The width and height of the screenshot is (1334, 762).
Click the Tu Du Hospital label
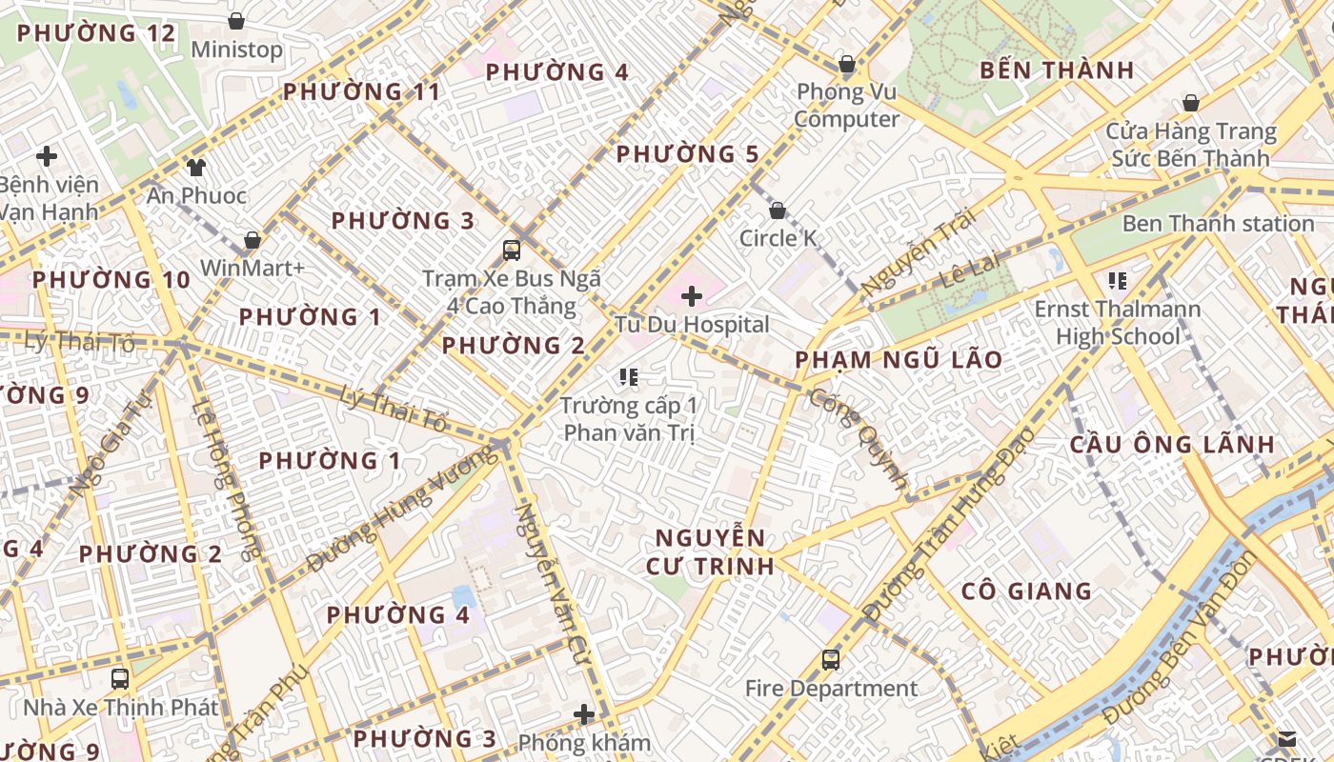coord(692,325)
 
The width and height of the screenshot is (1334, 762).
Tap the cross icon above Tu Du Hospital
coord(692,296)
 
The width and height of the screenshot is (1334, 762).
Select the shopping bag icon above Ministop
coord(236,21)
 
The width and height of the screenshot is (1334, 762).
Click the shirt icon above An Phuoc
coord(196,168)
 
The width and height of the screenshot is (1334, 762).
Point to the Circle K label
coord(778,238)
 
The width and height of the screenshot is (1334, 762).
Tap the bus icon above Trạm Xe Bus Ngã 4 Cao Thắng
coord(512,251)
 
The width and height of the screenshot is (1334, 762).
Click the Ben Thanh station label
coord(1218,224)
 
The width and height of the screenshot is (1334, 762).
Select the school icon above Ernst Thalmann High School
coord(1118,281)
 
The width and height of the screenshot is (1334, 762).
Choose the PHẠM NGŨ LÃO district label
coord(899,360)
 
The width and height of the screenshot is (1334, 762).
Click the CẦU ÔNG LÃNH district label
coord(1172,445)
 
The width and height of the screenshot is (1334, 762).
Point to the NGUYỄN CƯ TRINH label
coord(710,551)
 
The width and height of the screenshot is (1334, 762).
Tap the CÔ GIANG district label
coord(1026,592)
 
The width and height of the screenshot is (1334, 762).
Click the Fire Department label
coord(831,689)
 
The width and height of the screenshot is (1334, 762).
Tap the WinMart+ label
coord(253,269)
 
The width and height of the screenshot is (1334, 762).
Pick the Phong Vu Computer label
coord(847,106)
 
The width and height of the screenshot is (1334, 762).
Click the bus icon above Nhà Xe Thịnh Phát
coord(120,679)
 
